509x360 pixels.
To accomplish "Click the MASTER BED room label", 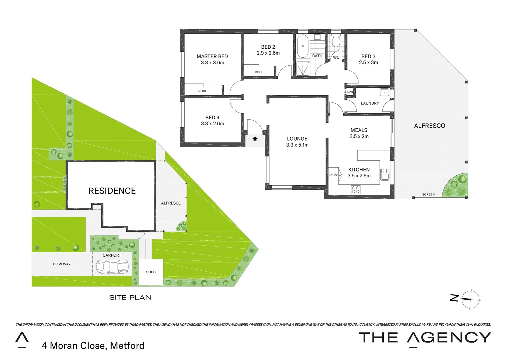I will coord(212,56).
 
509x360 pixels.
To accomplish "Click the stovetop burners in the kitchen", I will coord(355,190).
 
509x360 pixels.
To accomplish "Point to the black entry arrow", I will coord(255,139).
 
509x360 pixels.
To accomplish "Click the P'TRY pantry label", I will coord(333,175).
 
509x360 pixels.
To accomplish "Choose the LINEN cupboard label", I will coord(349,92).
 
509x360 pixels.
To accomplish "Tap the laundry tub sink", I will coord(384,92).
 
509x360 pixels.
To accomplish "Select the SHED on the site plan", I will coord(151,272).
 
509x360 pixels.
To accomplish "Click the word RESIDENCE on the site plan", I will coord(112,191).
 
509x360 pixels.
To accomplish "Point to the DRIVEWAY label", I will coord(62,264).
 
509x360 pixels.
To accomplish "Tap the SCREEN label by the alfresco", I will coord(428,194).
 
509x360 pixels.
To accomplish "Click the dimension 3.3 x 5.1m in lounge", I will coord(297,145).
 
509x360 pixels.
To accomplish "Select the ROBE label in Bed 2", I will coord(259,72).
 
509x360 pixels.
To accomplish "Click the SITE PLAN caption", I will coord(130,297).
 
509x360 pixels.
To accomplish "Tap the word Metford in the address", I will coord(127,346).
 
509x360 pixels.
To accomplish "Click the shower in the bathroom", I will coord(303,68).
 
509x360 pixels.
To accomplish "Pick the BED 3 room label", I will coord(368,56).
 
